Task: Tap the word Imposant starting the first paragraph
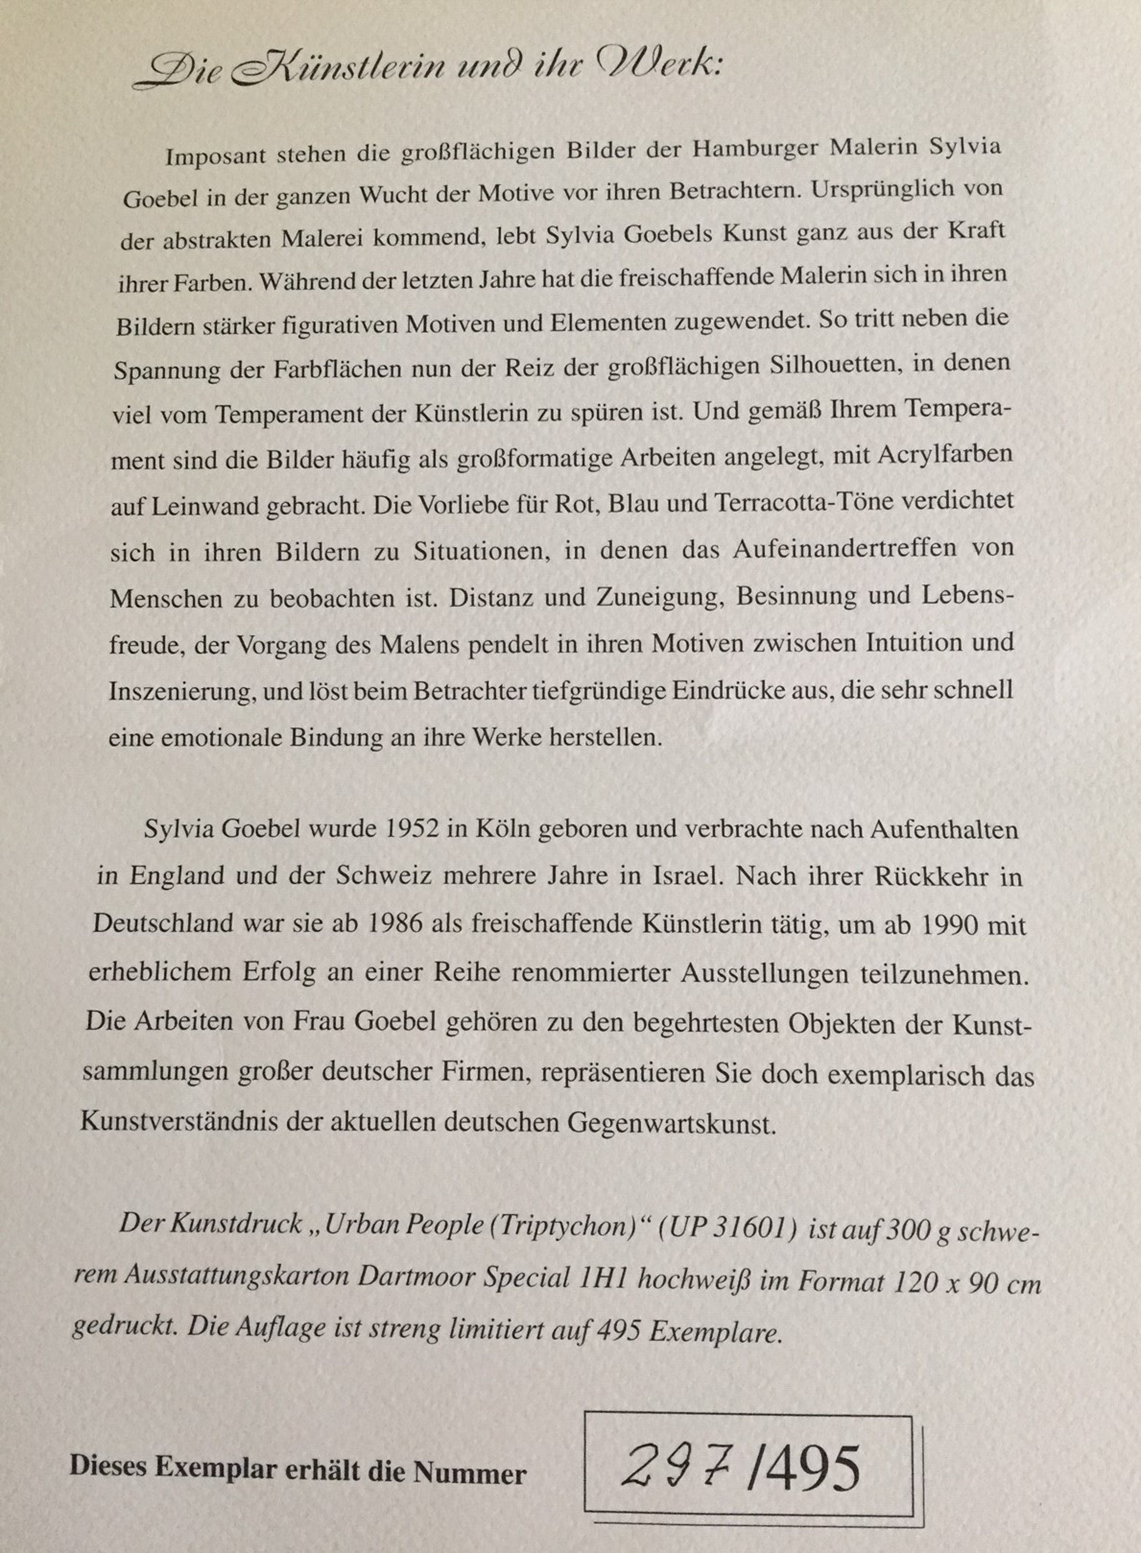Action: click(x=214, y=156)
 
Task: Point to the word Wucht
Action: click(x=386, y=195)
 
